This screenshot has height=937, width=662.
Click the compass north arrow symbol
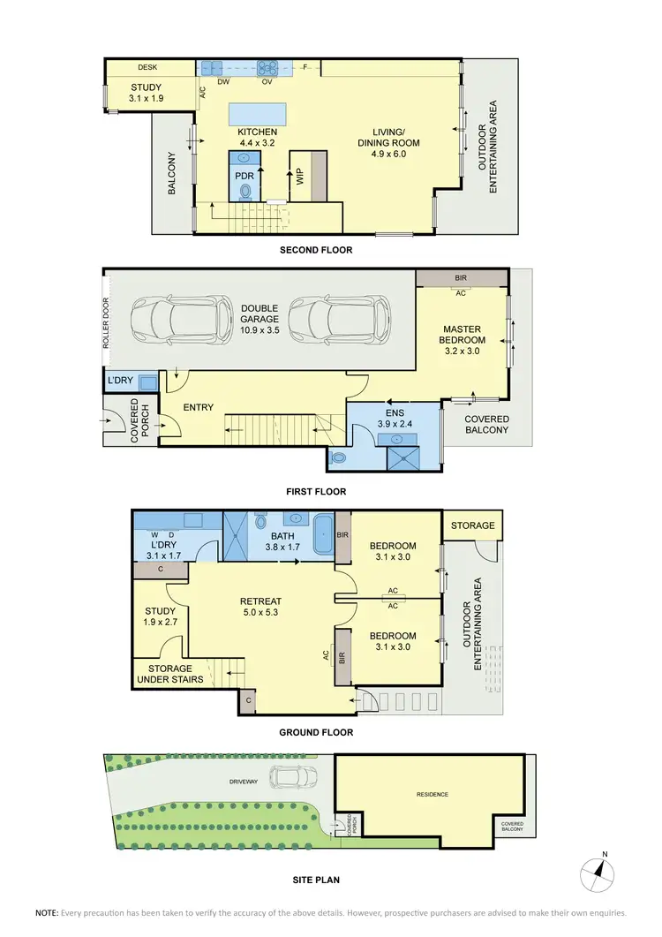pos(598,874)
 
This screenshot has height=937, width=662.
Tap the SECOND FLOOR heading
pos(316,250)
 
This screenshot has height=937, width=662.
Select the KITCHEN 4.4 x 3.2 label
pos(258,138)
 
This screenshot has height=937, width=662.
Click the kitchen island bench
pos(258,115)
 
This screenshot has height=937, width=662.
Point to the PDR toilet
pos(244,189)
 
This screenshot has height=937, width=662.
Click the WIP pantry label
pos(300,177)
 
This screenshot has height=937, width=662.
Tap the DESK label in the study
pos(147,67)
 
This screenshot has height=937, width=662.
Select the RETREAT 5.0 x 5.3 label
pos(260,608)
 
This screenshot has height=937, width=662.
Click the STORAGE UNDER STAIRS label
pos(170,674)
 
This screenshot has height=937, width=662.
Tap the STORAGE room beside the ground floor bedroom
pos(472,525)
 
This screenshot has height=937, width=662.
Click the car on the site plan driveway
pos(290,777)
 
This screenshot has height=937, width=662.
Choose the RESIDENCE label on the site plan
pos(432,794)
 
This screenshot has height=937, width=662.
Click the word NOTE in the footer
pos(47,912)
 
